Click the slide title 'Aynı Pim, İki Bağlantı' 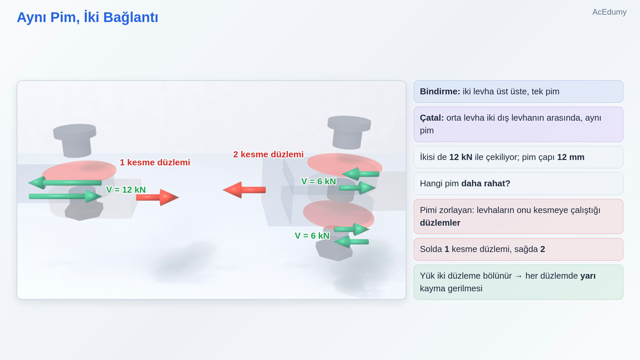(88, 17)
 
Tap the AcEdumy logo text (609, 12)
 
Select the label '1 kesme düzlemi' (155, 162)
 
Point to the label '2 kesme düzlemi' (268, 154)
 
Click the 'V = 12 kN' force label (126, 190)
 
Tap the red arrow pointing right (158, 197)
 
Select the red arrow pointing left (244, 190)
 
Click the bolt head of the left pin (74, 132)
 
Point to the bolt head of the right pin (349, 124)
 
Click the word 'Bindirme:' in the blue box (440, 92)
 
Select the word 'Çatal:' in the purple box (432, 118)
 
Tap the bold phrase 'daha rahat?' (486, 184)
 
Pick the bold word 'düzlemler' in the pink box (440, 223)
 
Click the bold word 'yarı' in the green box (588, 276)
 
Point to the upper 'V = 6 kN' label (318, 182)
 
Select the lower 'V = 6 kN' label (312, 236)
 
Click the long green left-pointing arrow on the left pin (65, 182)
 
